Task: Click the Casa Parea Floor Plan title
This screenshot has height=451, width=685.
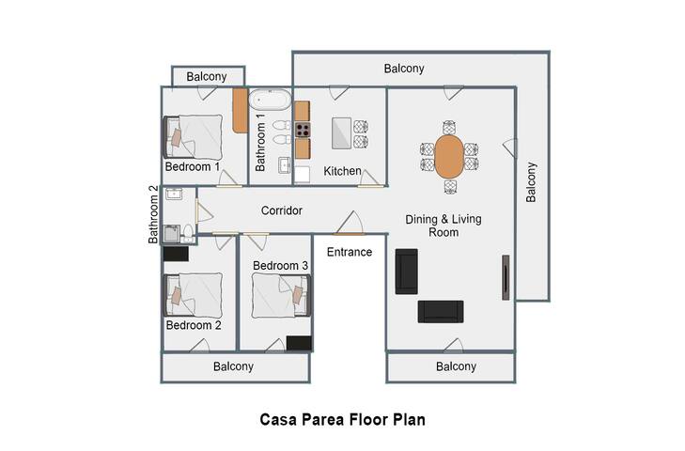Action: (342, 420)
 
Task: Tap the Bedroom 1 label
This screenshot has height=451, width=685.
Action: (193, 166)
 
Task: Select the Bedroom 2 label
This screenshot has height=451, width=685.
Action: (193, 326)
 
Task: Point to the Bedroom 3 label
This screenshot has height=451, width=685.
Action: (280, 266)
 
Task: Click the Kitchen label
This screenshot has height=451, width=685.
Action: (343, 172)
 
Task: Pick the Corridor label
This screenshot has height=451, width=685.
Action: (282, 210)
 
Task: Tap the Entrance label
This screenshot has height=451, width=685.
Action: (350, 252)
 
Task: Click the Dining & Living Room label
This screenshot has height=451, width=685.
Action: (443, 225)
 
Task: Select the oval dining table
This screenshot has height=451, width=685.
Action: (449, 156)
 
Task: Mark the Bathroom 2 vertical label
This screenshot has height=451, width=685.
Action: (154, 214)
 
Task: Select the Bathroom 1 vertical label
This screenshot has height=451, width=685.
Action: (261, 141)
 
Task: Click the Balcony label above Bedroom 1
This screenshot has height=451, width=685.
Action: (207, 76)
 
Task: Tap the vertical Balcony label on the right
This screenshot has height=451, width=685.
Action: (530, 183)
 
